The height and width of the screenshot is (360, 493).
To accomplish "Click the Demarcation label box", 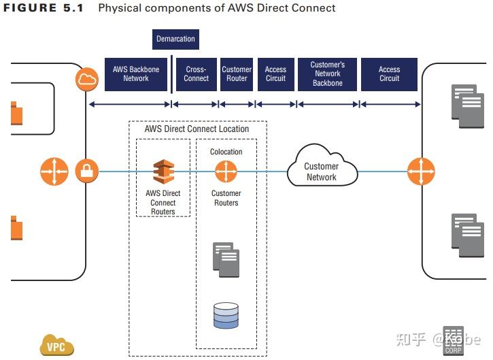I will click(175, 39).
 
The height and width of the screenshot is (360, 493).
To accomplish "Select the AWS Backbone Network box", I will click(135, 74).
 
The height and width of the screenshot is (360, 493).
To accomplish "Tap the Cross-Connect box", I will click(196, 74).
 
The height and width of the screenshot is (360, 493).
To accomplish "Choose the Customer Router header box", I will click(237, 74).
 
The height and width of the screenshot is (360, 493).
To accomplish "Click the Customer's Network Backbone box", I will click(328, 74).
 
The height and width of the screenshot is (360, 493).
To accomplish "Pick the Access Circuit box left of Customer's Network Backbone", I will click(275, 74).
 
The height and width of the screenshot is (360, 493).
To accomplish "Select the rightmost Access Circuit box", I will click(389, 74).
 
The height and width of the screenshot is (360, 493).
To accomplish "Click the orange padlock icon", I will click(86, 171).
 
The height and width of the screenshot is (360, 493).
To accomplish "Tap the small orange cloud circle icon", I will click(87, 80).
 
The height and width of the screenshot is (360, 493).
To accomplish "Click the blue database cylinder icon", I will click(226, 314).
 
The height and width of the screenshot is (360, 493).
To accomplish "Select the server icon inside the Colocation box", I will click(226, 259).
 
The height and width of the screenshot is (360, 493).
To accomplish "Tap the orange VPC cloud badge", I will click(55, 346).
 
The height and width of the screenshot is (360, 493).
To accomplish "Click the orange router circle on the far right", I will click(421, 171).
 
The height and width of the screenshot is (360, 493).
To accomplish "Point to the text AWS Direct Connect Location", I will click(197, 129).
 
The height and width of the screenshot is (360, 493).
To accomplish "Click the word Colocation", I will click(226, 152).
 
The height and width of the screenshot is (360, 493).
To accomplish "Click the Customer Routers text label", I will click(226, 198).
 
